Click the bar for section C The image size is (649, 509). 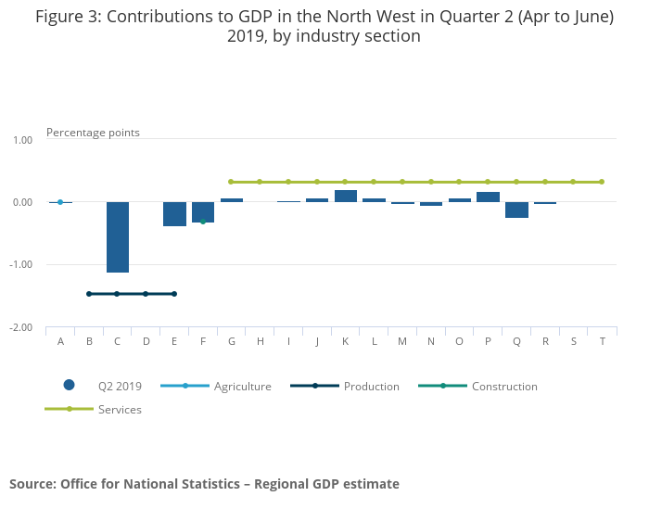pos(118,236)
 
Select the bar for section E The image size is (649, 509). pos(174,213)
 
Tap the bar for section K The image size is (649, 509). pos(346,196)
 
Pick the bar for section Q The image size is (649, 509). pos(516,210)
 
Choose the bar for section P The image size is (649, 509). pos(488,197)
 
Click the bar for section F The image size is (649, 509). pos(203,211)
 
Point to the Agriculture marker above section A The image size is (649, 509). pos(60,202)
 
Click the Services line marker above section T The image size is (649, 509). pos(602,182)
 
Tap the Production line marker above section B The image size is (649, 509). pos(89,294)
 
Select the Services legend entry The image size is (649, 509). pos(120,409)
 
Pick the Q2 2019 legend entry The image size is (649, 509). pos(120,387)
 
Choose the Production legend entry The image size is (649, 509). pos(371,387)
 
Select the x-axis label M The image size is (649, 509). pos(402,341)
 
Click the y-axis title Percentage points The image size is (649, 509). pos(93,133)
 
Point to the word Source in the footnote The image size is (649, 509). pos(32,484)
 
